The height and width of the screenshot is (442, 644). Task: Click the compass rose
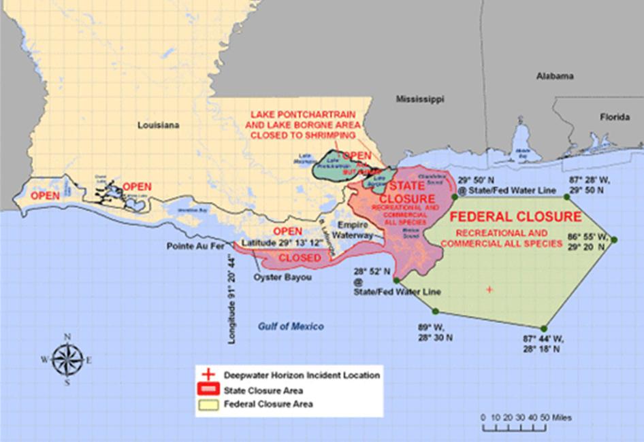tap(67, 359)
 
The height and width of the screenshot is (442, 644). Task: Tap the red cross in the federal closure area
tap(489, 290)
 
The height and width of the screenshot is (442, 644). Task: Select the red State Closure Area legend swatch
tap(209, 390)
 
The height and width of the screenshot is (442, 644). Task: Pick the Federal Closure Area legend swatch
tap(209, 405)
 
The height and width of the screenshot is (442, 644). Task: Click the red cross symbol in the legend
tap(209, 375)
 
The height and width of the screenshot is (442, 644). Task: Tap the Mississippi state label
tap(420, 99)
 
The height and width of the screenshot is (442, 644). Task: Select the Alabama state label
tap(555, 76)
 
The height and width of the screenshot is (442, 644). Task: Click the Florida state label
tap(614, 117)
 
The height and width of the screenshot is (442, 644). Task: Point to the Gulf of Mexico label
tap(291, 326)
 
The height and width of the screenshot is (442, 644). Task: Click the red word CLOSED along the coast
tap(300, 258)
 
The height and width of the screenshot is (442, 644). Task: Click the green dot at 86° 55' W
tap(613, 239)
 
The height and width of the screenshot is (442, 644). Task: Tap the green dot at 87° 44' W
tap(543, 329)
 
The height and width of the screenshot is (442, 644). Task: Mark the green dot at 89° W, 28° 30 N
tap(396, 279)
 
